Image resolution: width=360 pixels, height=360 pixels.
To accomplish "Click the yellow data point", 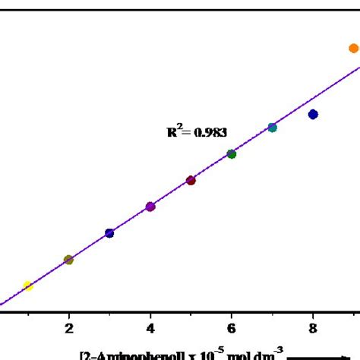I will coord(28,286).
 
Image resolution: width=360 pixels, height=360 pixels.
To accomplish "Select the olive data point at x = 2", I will coord(68,260).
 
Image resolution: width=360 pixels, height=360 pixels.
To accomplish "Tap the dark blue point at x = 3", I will coord(109,233).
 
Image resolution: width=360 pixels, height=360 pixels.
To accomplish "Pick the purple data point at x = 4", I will coord(150,207).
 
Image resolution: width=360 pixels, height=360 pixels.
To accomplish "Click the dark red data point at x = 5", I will coord(191,180).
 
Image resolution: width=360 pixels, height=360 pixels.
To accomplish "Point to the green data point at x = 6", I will coord(232,154).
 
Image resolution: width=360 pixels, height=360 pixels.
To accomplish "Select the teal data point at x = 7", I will coord(272,128).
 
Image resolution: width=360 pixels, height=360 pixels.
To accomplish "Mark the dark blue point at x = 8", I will coord(313,114).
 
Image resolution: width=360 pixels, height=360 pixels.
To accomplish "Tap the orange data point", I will coord(353,49).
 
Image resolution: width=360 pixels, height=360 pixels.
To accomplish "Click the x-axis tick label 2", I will coord(69,329).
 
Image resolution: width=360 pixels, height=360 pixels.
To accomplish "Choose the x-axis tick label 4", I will coord(150,329).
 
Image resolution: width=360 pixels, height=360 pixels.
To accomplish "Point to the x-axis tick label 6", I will coord(232,329).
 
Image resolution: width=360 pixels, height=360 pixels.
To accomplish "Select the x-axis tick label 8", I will coord(313,329).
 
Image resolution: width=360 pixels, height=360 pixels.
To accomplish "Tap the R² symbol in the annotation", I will coord(174,131).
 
